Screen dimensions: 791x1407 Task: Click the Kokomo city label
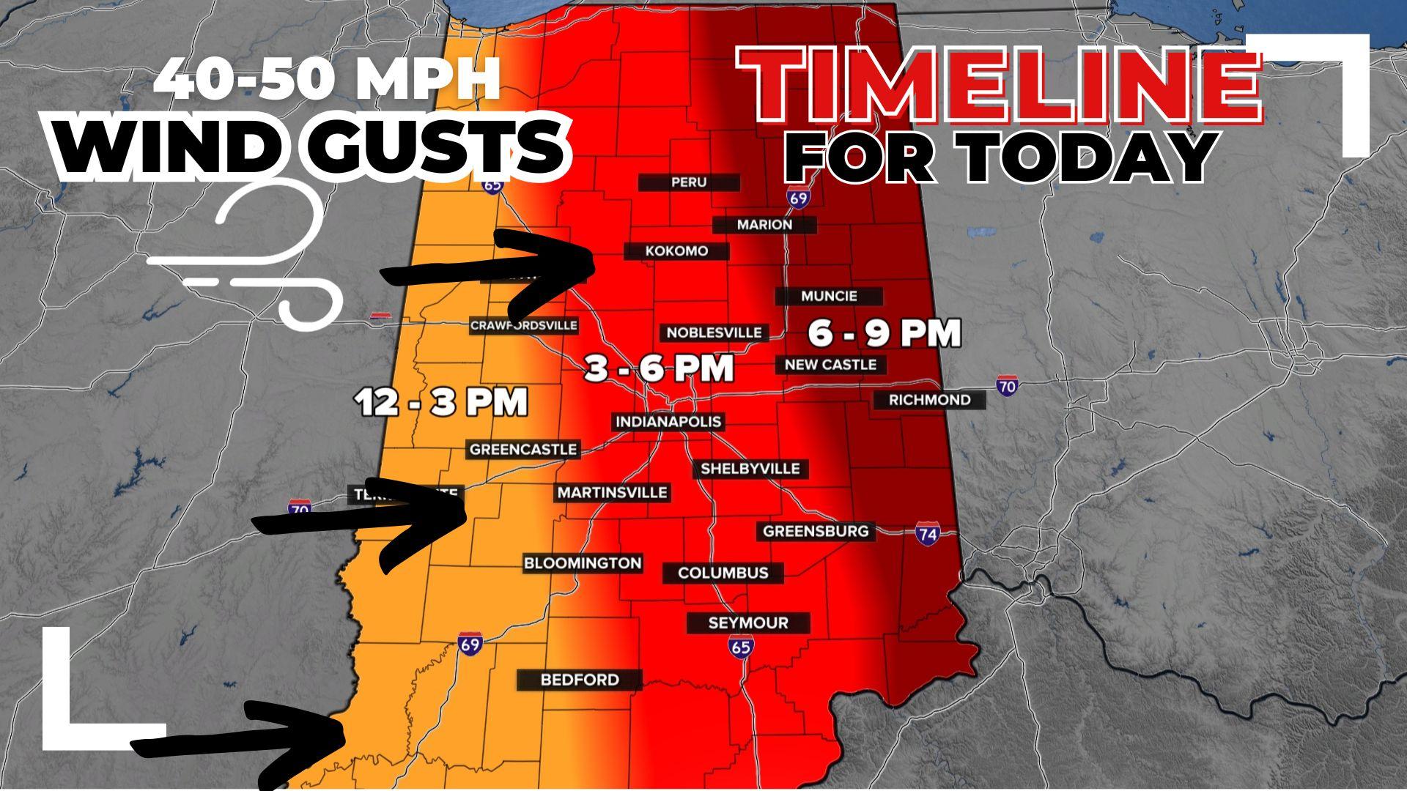(x=676, y=251)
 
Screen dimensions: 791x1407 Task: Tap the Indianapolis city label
(x=668, y=422)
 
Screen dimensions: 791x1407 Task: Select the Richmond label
(x=929, y=400)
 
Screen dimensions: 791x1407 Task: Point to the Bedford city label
(x=579, y=680)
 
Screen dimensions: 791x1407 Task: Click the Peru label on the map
(x=688, y=182)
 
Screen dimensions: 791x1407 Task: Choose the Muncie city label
(x=829, y=297)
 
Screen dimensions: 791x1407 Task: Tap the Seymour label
(x=747, y=623)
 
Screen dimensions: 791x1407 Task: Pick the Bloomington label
(x=583, y=563)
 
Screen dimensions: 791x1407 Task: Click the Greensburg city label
(x=816, y=531)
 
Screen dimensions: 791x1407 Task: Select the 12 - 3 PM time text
(x=442, y=402)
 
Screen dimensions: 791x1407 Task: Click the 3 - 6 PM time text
(x=659, y=368)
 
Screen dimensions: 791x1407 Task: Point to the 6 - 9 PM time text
(x=885, y=333)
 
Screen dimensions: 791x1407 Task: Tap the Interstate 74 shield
(x=927, y=534)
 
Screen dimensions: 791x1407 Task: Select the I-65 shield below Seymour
(x=741, y=647)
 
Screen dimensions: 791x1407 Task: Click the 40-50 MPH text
(x=327, y=79)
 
